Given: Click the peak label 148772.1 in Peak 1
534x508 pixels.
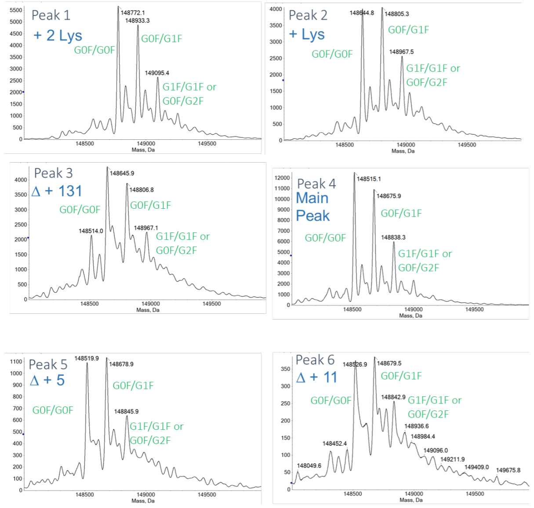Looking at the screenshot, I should pos(133,13).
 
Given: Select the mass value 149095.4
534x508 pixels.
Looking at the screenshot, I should pos(157,73).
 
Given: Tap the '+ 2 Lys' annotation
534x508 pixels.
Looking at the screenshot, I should pos(58,36).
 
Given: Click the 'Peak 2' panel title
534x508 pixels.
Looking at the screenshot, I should pos(308,15).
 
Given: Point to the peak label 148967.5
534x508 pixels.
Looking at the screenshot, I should pos(401,52).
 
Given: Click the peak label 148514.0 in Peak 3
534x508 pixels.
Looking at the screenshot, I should pos(91,231).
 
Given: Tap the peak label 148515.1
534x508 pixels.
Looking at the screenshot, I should pos(369,179).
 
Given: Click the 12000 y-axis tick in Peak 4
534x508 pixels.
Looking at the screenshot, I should pos(282,178).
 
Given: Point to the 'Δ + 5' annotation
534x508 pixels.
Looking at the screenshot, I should pos(47,380).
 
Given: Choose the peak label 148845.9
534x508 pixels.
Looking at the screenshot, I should pos(126,411).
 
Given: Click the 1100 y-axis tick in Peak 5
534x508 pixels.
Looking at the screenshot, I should pos(16,362).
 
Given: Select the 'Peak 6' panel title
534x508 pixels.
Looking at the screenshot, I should pos(315,360).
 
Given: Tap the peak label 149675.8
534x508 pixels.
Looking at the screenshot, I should pos(508,470).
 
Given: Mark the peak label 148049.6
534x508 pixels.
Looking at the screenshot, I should pos(309,465).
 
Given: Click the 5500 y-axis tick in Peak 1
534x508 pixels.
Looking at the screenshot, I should pos(15,10).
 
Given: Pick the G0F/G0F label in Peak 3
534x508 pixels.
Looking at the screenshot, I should pos(80,210).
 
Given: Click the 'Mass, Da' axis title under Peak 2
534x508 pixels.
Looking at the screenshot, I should pos(403,151).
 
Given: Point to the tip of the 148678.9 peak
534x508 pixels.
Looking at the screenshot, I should pos(106,358).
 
